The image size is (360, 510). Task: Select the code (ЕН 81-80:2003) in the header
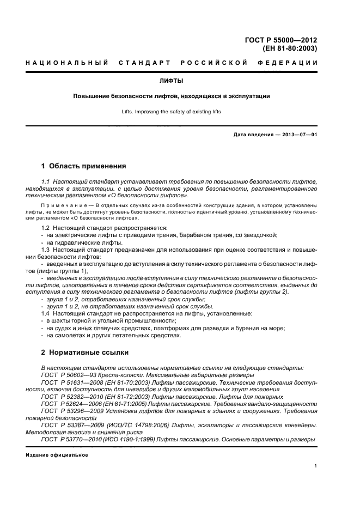[290, 48]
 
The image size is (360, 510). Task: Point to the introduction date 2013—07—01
[298, 135]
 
